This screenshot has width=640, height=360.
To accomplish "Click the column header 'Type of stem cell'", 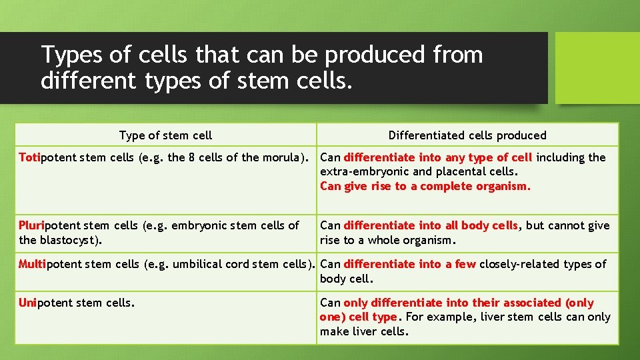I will [x=165, y=135].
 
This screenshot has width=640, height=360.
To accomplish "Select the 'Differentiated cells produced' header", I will [x=467, y=135].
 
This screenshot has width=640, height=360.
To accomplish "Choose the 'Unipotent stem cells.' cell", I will [x=77, y=303].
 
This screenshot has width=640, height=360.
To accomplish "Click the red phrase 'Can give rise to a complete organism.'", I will [x=425, y=186].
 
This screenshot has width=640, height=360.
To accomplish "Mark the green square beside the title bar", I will [x=597, y=68].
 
